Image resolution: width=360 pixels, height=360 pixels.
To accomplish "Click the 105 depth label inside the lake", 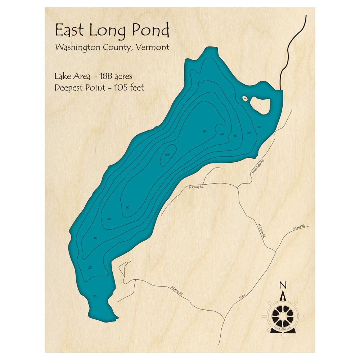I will [x=167, y=155].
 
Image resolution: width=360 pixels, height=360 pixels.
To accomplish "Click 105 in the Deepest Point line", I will [x=114, y=88].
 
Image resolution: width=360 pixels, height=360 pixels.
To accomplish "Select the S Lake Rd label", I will [x=299, y=227].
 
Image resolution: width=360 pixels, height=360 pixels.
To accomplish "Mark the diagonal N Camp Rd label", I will [x=262, y=231].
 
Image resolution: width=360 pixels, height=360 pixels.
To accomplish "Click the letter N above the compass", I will [x=283, y=285].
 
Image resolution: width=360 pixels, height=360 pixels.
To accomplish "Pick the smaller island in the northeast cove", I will [x=245, y=98].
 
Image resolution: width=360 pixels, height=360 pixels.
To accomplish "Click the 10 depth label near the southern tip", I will [x=95, y=296].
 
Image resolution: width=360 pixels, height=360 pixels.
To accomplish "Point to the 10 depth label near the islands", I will [x=259, y=127].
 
